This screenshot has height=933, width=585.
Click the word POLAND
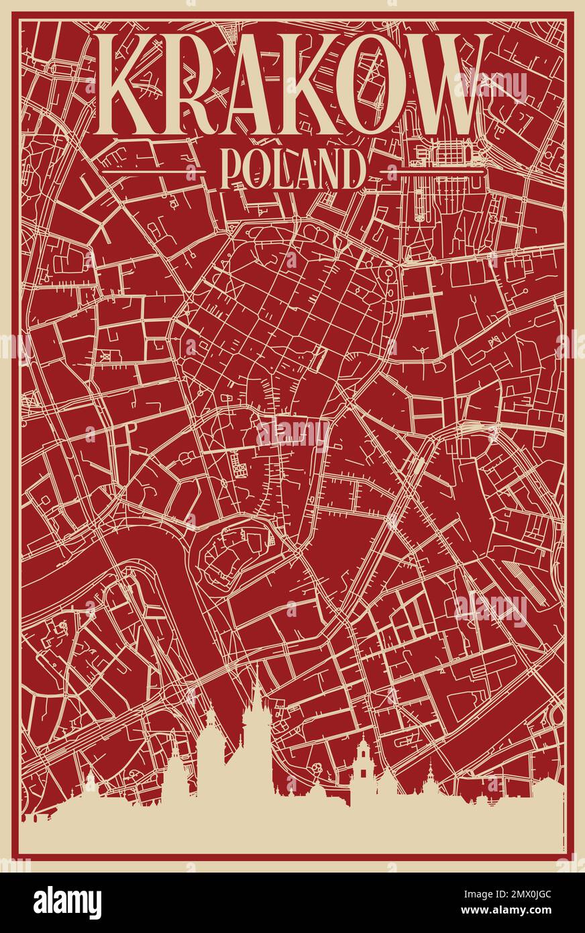pyautogui.click(x=292, y=169)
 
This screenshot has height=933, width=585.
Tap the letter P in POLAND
pyautogui.click(x=231, y=169)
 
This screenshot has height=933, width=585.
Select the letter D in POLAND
pyautogui.click(x=354, y=169)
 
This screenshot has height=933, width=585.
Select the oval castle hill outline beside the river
pyautogui.click(x=235, y=554)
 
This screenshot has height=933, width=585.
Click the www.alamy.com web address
pyautogui.click(x=521, y=912)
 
